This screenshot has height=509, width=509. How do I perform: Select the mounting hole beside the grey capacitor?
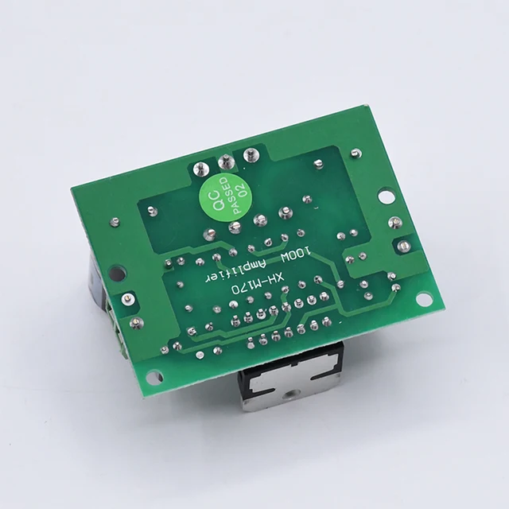point(116,274)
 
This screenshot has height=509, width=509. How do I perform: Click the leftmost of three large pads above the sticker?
point(200,169)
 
